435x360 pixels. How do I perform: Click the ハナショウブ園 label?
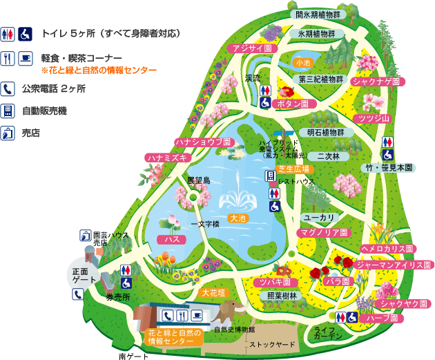coord(201,142)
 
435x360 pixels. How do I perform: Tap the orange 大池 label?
coord(238,218)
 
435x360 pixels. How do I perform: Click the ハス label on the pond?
coord(168,239)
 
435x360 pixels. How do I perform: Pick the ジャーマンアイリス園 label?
coord(394,265)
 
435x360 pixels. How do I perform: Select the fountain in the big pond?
coord(238,194)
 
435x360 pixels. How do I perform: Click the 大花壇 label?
coord(214,293)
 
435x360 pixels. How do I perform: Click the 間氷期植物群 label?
coord(318,15)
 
